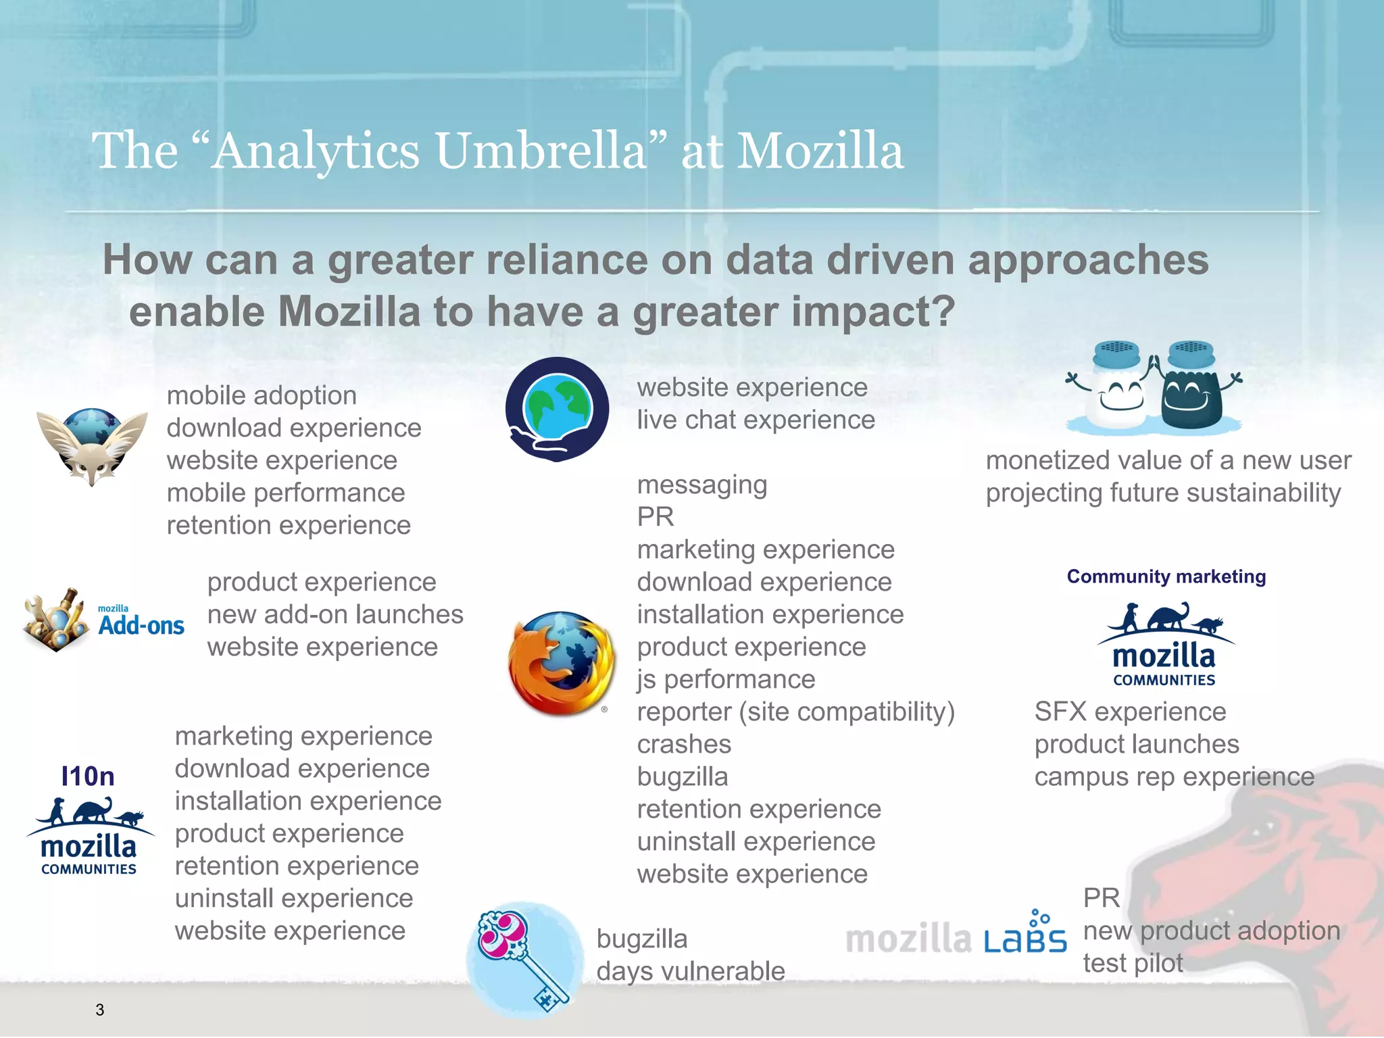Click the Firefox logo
[562, 664]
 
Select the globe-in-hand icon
[557, 410]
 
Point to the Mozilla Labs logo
[956, 937]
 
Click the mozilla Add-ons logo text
[141, 622]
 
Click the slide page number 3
[99, 1010]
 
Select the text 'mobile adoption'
[262, 395]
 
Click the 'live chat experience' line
[756, 420]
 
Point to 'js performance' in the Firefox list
[726, 679]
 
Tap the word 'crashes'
[684, 744]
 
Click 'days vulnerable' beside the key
[690, 971]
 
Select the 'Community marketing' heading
[1166, 576]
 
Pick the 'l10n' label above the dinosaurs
[88, 776]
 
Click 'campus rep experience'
[1174, 776]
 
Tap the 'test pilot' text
[1133, 963]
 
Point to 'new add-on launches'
[335, 614]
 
